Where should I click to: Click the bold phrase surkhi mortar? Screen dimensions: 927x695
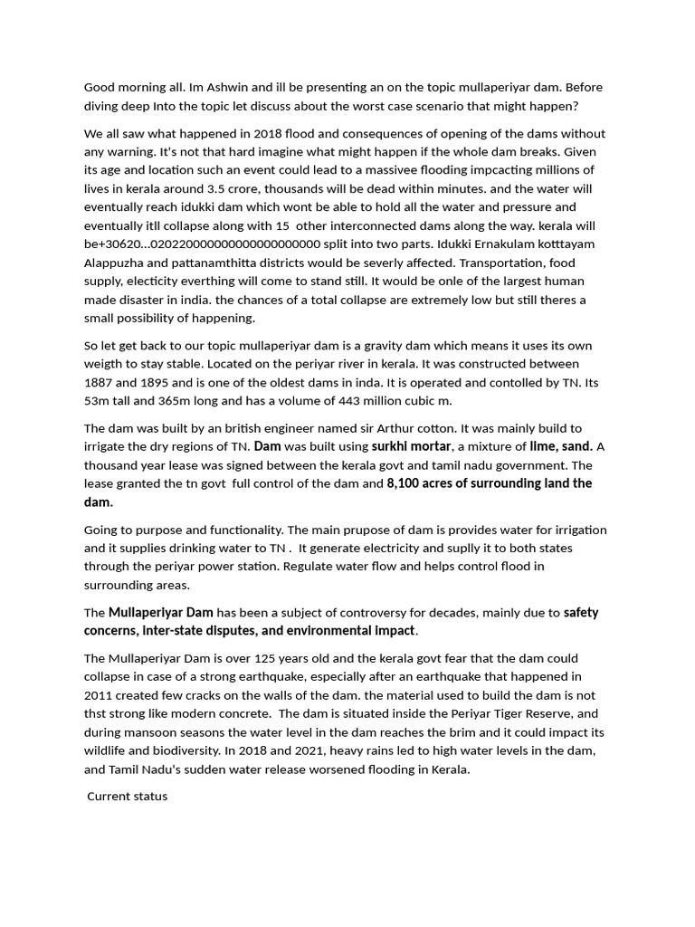tap(411, 446)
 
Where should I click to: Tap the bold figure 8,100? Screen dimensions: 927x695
tap(406, 483)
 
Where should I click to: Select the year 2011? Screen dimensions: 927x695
tap(99, 695)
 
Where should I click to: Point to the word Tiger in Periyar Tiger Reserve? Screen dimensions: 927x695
tap(502, 713)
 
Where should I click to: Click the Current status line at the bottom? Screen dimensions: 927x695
tap(128, 797)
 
